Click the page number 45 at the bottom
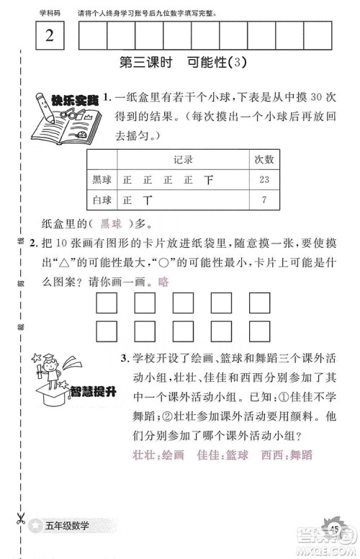(334, 529)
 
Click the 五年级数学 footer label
(71, 525)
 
